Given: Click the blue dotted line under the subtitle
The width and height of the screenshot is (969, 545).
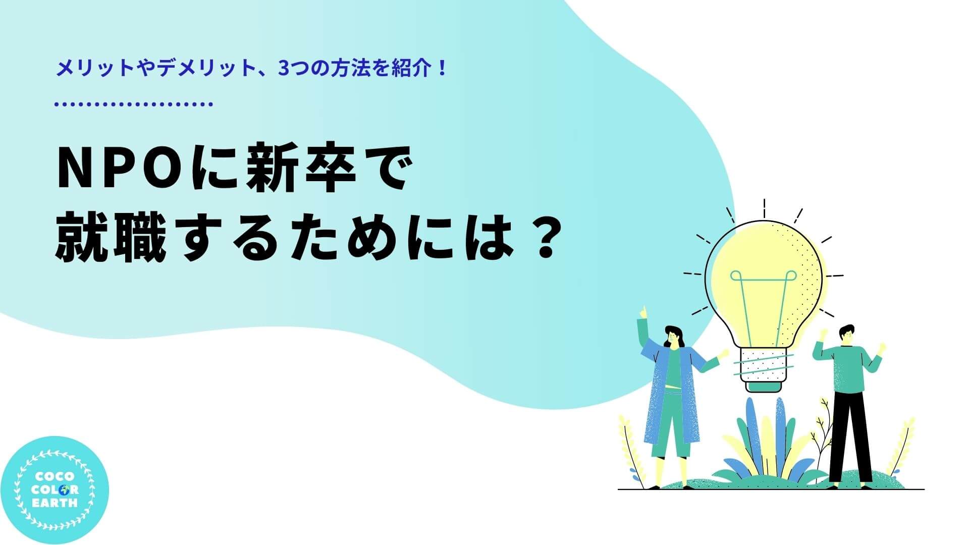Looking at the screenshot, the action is (x=134, y=104).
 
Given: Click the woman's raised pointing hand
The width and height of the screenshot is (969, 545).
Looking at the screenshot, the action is (x=643, y=311).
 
